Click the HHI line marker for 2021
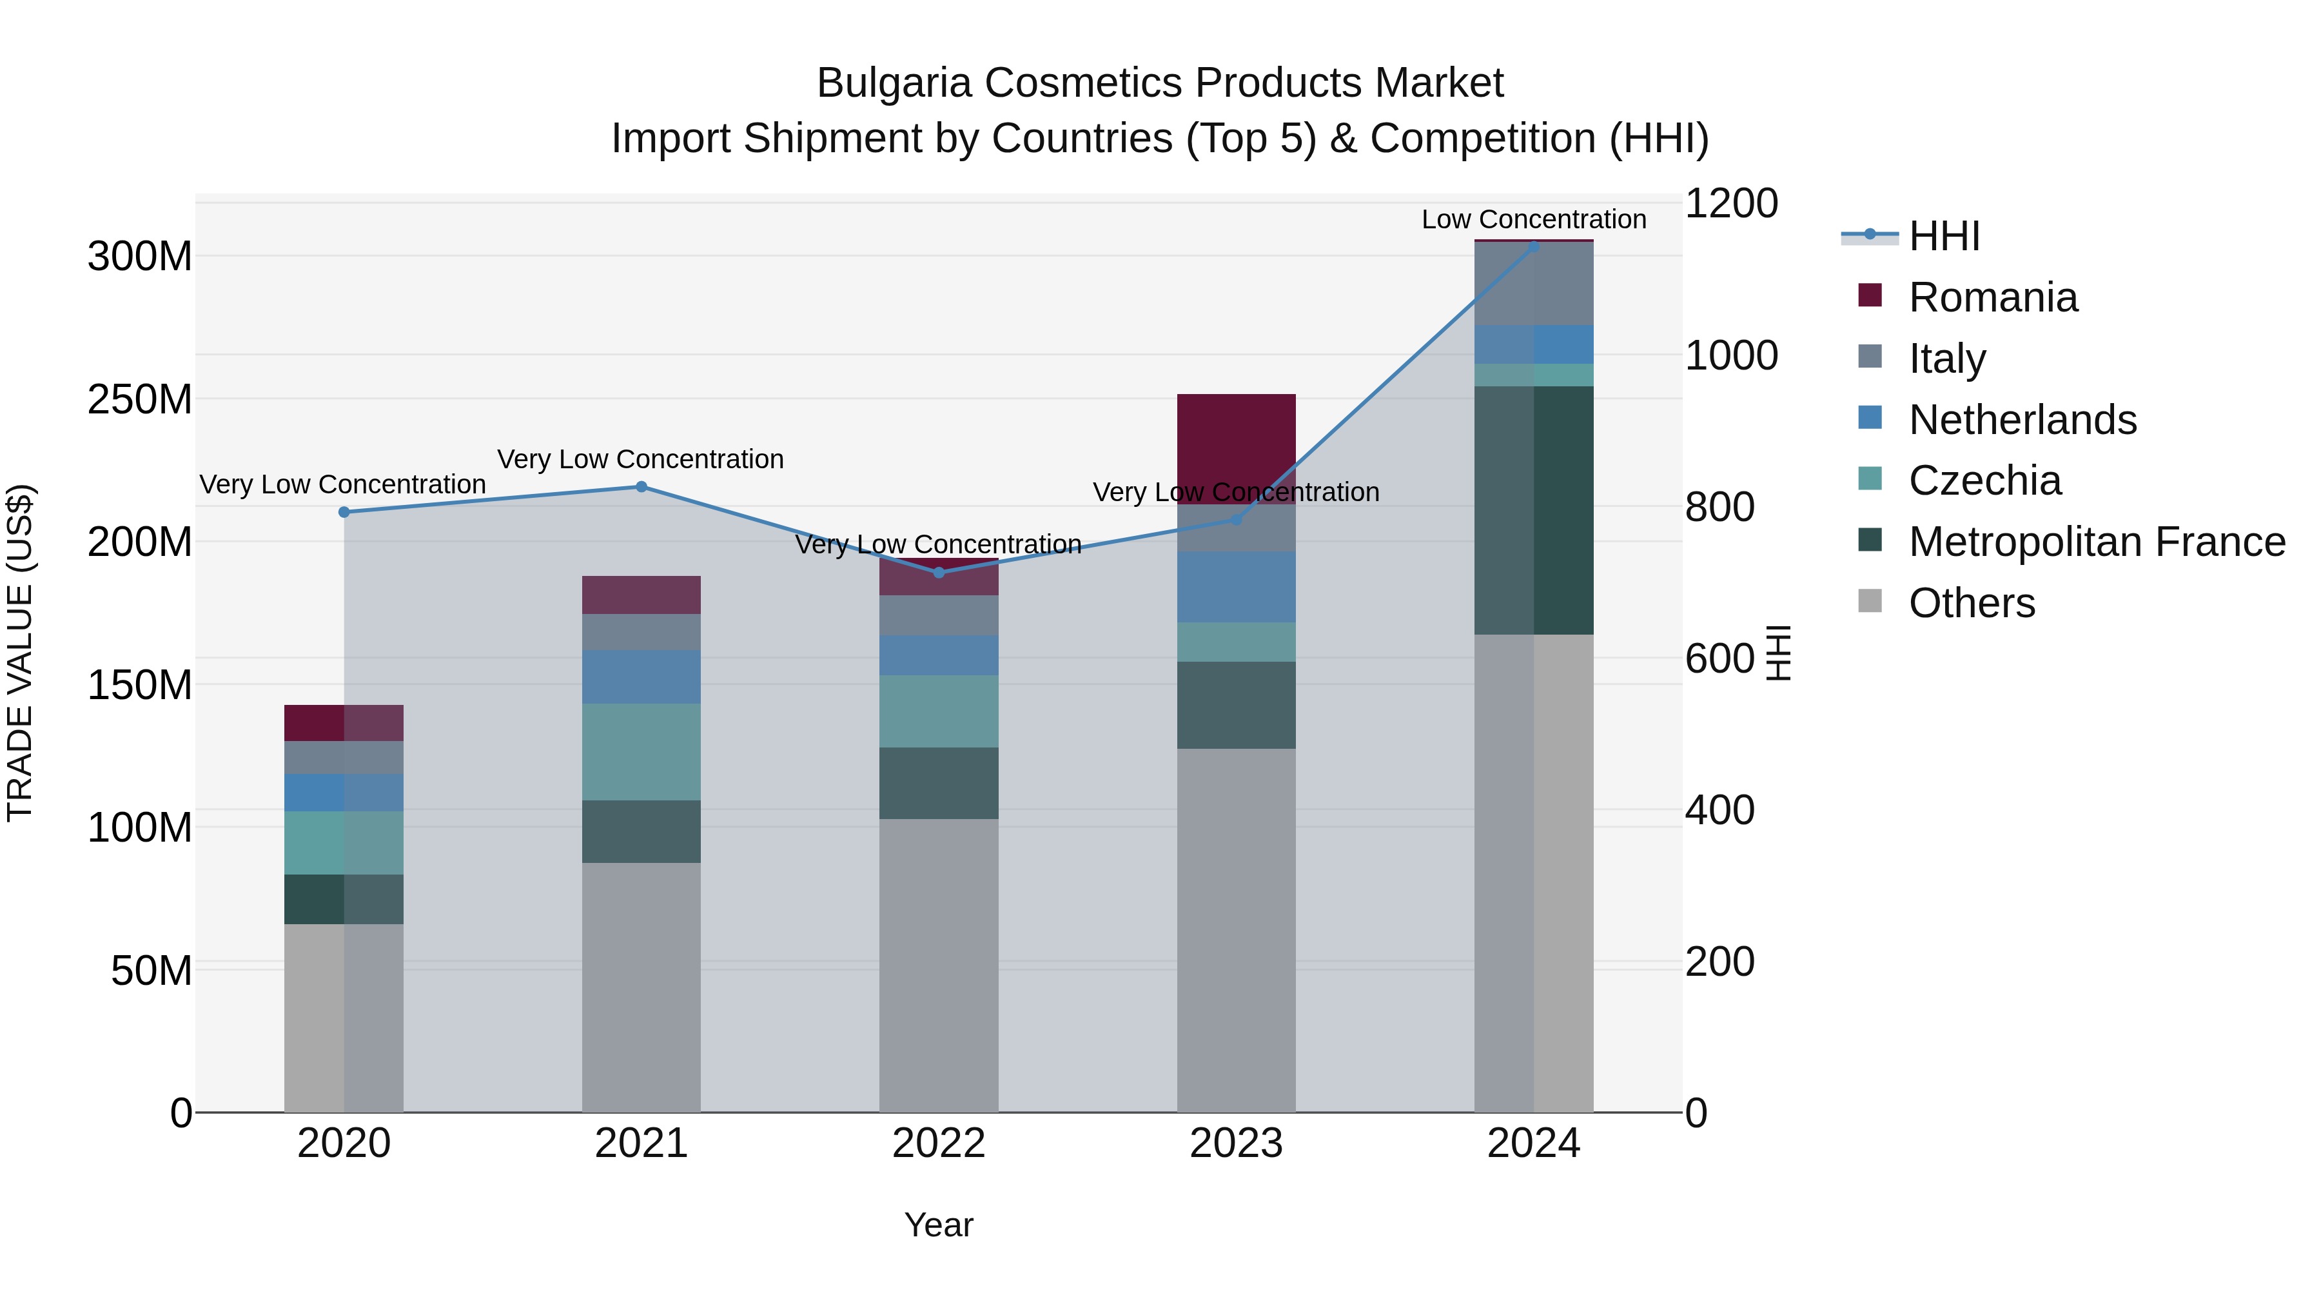click(641, 487)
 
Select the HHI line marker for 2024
click(1534, 246)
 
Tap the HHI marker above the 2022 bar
click(939, 572)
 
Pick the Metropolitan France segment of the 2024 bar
click(1534, 510)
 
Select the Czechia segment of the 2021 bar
click(641, 752)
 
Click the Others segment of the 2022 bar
click(939, 964)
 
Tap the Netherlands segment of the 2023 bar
click(1236, 587)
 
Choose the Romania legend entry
click(1992, 297)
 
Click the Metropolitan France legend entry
click(2096, 542)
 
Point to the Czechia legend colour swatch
click(1870, 479)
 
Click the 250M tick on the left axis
click(140, 399)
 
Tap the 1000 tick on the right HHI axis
click(1731, 355)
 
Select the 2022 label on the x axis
click(939, 1143)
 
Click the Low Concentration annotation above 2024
click(1534, 219)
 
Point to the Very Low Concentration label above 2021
click(641, 459)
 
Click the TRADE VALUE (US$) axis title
click(20, 653)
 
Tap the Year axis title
click(938, 1225)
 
